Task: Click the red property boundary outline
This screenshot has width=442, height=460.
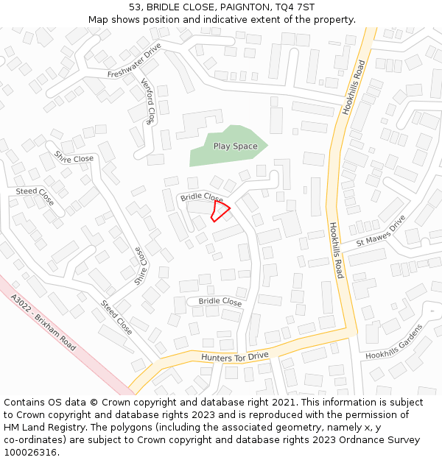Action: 220,211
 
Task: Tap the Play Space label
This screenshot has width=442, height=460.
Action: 235,146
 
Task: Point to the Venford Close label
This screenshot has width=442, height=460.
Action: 148,103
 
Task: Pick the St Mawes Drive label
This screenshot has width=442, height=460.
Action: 381,232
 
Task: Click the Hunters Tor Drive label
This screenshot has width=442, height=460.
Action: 234,357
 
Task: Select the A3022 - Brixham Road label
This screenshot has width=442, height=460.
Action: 43,322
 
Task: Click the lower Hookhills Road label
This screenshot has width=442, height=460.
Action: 336,250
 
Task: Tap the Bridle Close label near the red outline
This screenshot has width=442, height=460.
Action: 201,197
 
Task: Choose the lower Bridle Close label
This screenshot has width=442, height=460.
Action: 220,302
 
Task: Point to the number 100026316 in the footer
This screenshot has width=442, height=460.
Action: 31,452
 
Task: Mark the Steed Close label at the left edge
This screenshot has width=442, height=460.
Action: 35,196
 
